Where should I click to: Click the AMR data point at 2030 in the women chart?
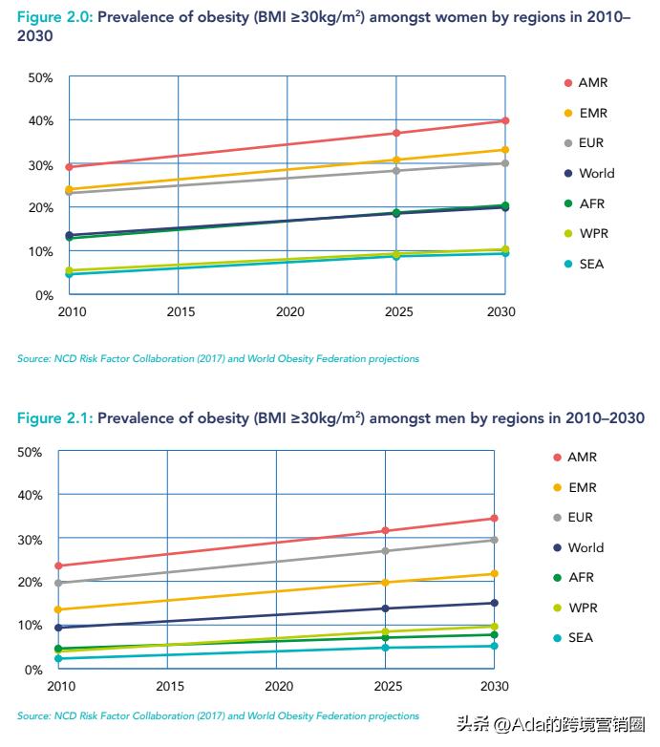[505, 121]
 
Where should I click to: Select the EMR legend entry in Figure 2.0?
[585, 113]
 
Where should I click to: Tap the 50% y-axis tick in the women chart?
[40, 77]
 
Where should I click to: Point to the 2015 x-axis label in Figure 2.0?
[180, 312]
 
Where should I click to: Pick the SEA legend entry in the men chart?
[574, 638]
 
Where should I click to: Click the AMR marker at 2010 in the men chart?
[59, 566]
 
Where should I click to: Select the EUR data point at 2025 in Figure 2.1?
[386, 551]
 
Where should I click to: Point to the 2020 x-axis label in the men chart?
[278, 686]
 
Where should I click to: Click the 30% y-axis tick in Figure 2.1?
[30, 540]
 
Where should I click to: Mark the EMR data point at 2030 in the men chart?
[495, 574]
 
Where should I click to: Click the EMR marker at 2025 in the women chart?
[396, 160]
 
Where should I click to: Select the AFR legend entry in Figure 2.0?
[584, 203]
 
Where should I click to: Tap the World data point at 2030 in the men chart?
[495, 603]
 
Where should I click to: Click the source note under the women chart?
[218, 359]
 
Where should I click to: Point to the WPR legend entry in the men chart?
[574, 608]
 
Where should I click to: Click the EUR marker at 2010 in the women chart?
[70, 193]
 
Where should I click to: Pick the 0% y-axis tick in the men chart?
[32, 670]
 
